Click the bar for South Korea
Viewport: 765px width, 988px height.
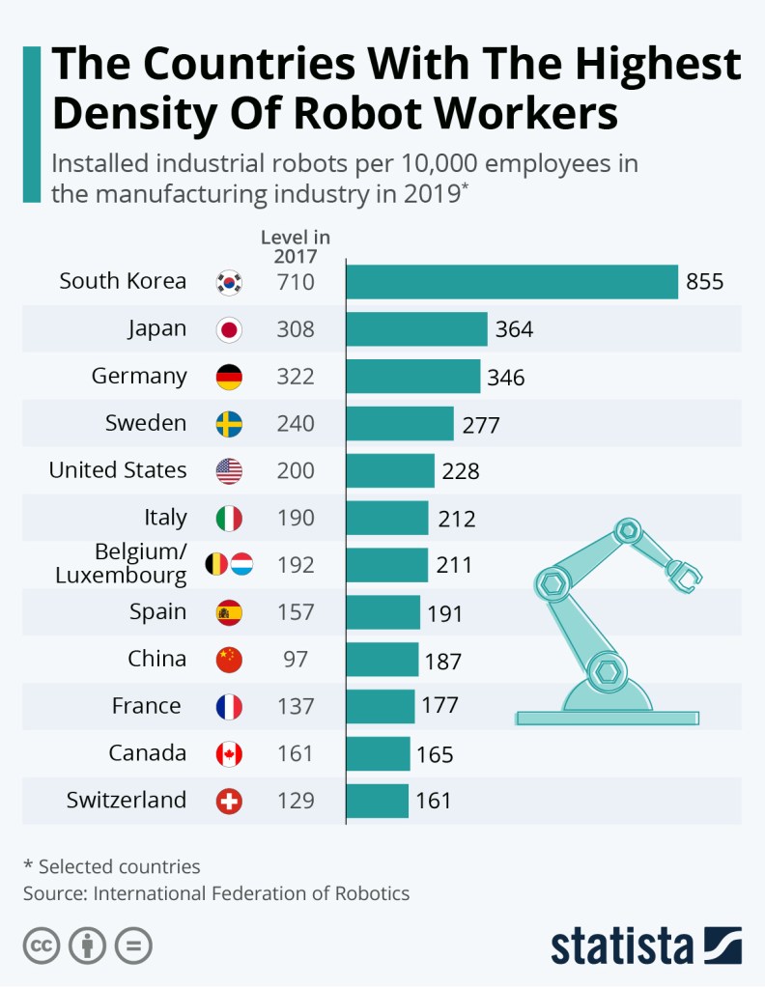pyautogui.click(x=512, y=282)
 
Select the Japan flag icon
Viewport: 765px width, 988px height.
pyautogui.click(x=229, y=329)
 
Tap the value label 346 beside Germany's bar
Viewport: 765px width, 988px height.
pyautogui.click(x=506, y=378)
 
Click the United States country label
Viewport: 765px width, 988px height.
pyautogui.click(x=118, y=470)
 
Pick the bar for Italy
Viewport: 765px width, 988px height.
pyautogui.click(x=386, y=518)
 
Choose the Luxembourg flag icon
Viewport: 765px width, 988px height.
pyautogui.click(x=241, y=564)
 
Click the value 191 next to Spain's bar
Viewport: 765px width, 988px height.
pyautogui.click(x=445, y=614)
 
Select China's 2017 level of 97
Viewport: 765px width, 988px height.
pyautogui.click(x=296, y=660)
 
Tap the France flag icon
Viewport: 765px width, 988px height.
pyautogui.click(x=229, y=707)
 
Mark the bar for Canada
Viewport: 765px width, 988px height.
pyautogui.click(x=378, y=753)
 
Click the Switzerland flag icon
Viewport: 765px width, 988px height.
pyautogui.click(x=229, y=801)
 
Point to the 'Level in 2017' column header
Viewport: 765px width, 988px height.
pyautogui.click(x=295, y=246)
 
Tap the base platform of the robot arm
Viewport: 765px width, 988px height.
pyautogui.click(x=607, y=718)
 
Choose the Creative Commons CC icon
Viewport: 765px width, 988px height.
pyautogui.click(x=42, y=945)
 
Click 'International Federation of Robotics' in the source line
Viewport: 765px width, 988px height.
pyautogui.click(x=251, y=893)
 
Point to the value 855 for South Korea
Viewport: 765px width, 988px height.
pyautogui.click(x=704, y=283)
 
